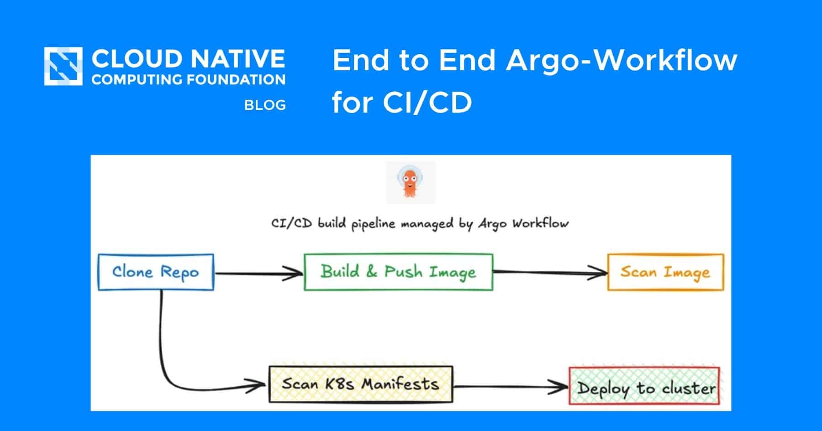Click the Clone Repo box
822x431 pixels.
pos(156,272)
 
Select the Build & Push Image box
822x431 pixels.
pos(399,272)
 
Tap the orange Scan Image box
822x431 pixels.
pos(665,272)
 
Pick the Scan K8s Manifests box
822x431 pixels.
pos(361,384)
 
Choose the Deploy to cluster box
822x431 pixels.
pos(644,386)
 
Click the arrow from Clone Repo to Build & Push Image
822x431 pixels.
pos(259,274)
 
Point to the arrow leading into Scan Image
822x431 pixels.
pos(550,273)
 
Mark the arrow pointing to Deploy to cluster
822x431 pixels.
pos(511,387)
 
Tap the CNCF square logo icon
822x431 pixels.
pos(63,66)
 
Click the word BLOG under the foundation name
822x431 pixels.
pos(265,105)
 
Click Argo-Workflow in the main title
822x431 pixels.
pos(622,61)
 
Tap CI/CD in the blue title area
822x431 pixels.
pos(427,102)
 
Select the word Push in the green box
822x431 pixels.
pos(403,271)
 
